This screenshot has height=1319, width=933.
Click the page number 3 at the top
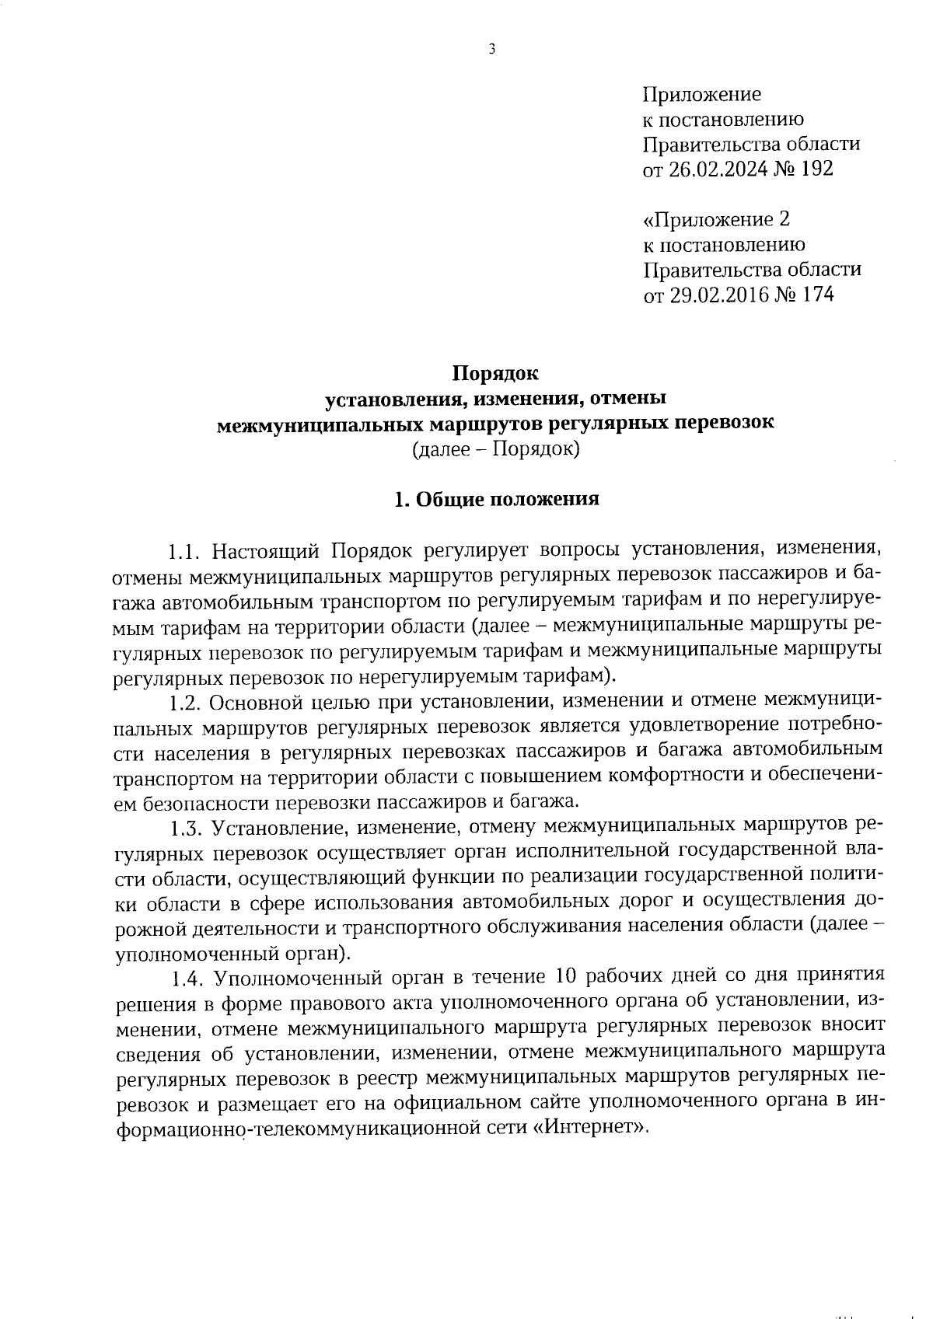pos(491,49)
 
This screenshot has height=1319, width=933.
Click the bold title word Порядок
pos(496,374)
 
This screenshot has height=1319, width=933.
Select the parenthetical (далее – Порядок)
pos(496,449)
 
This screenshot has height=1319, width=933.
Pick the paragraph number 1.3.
pos(185,825)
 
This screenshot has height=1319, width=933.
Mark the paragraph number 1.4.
pos(185,975)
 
